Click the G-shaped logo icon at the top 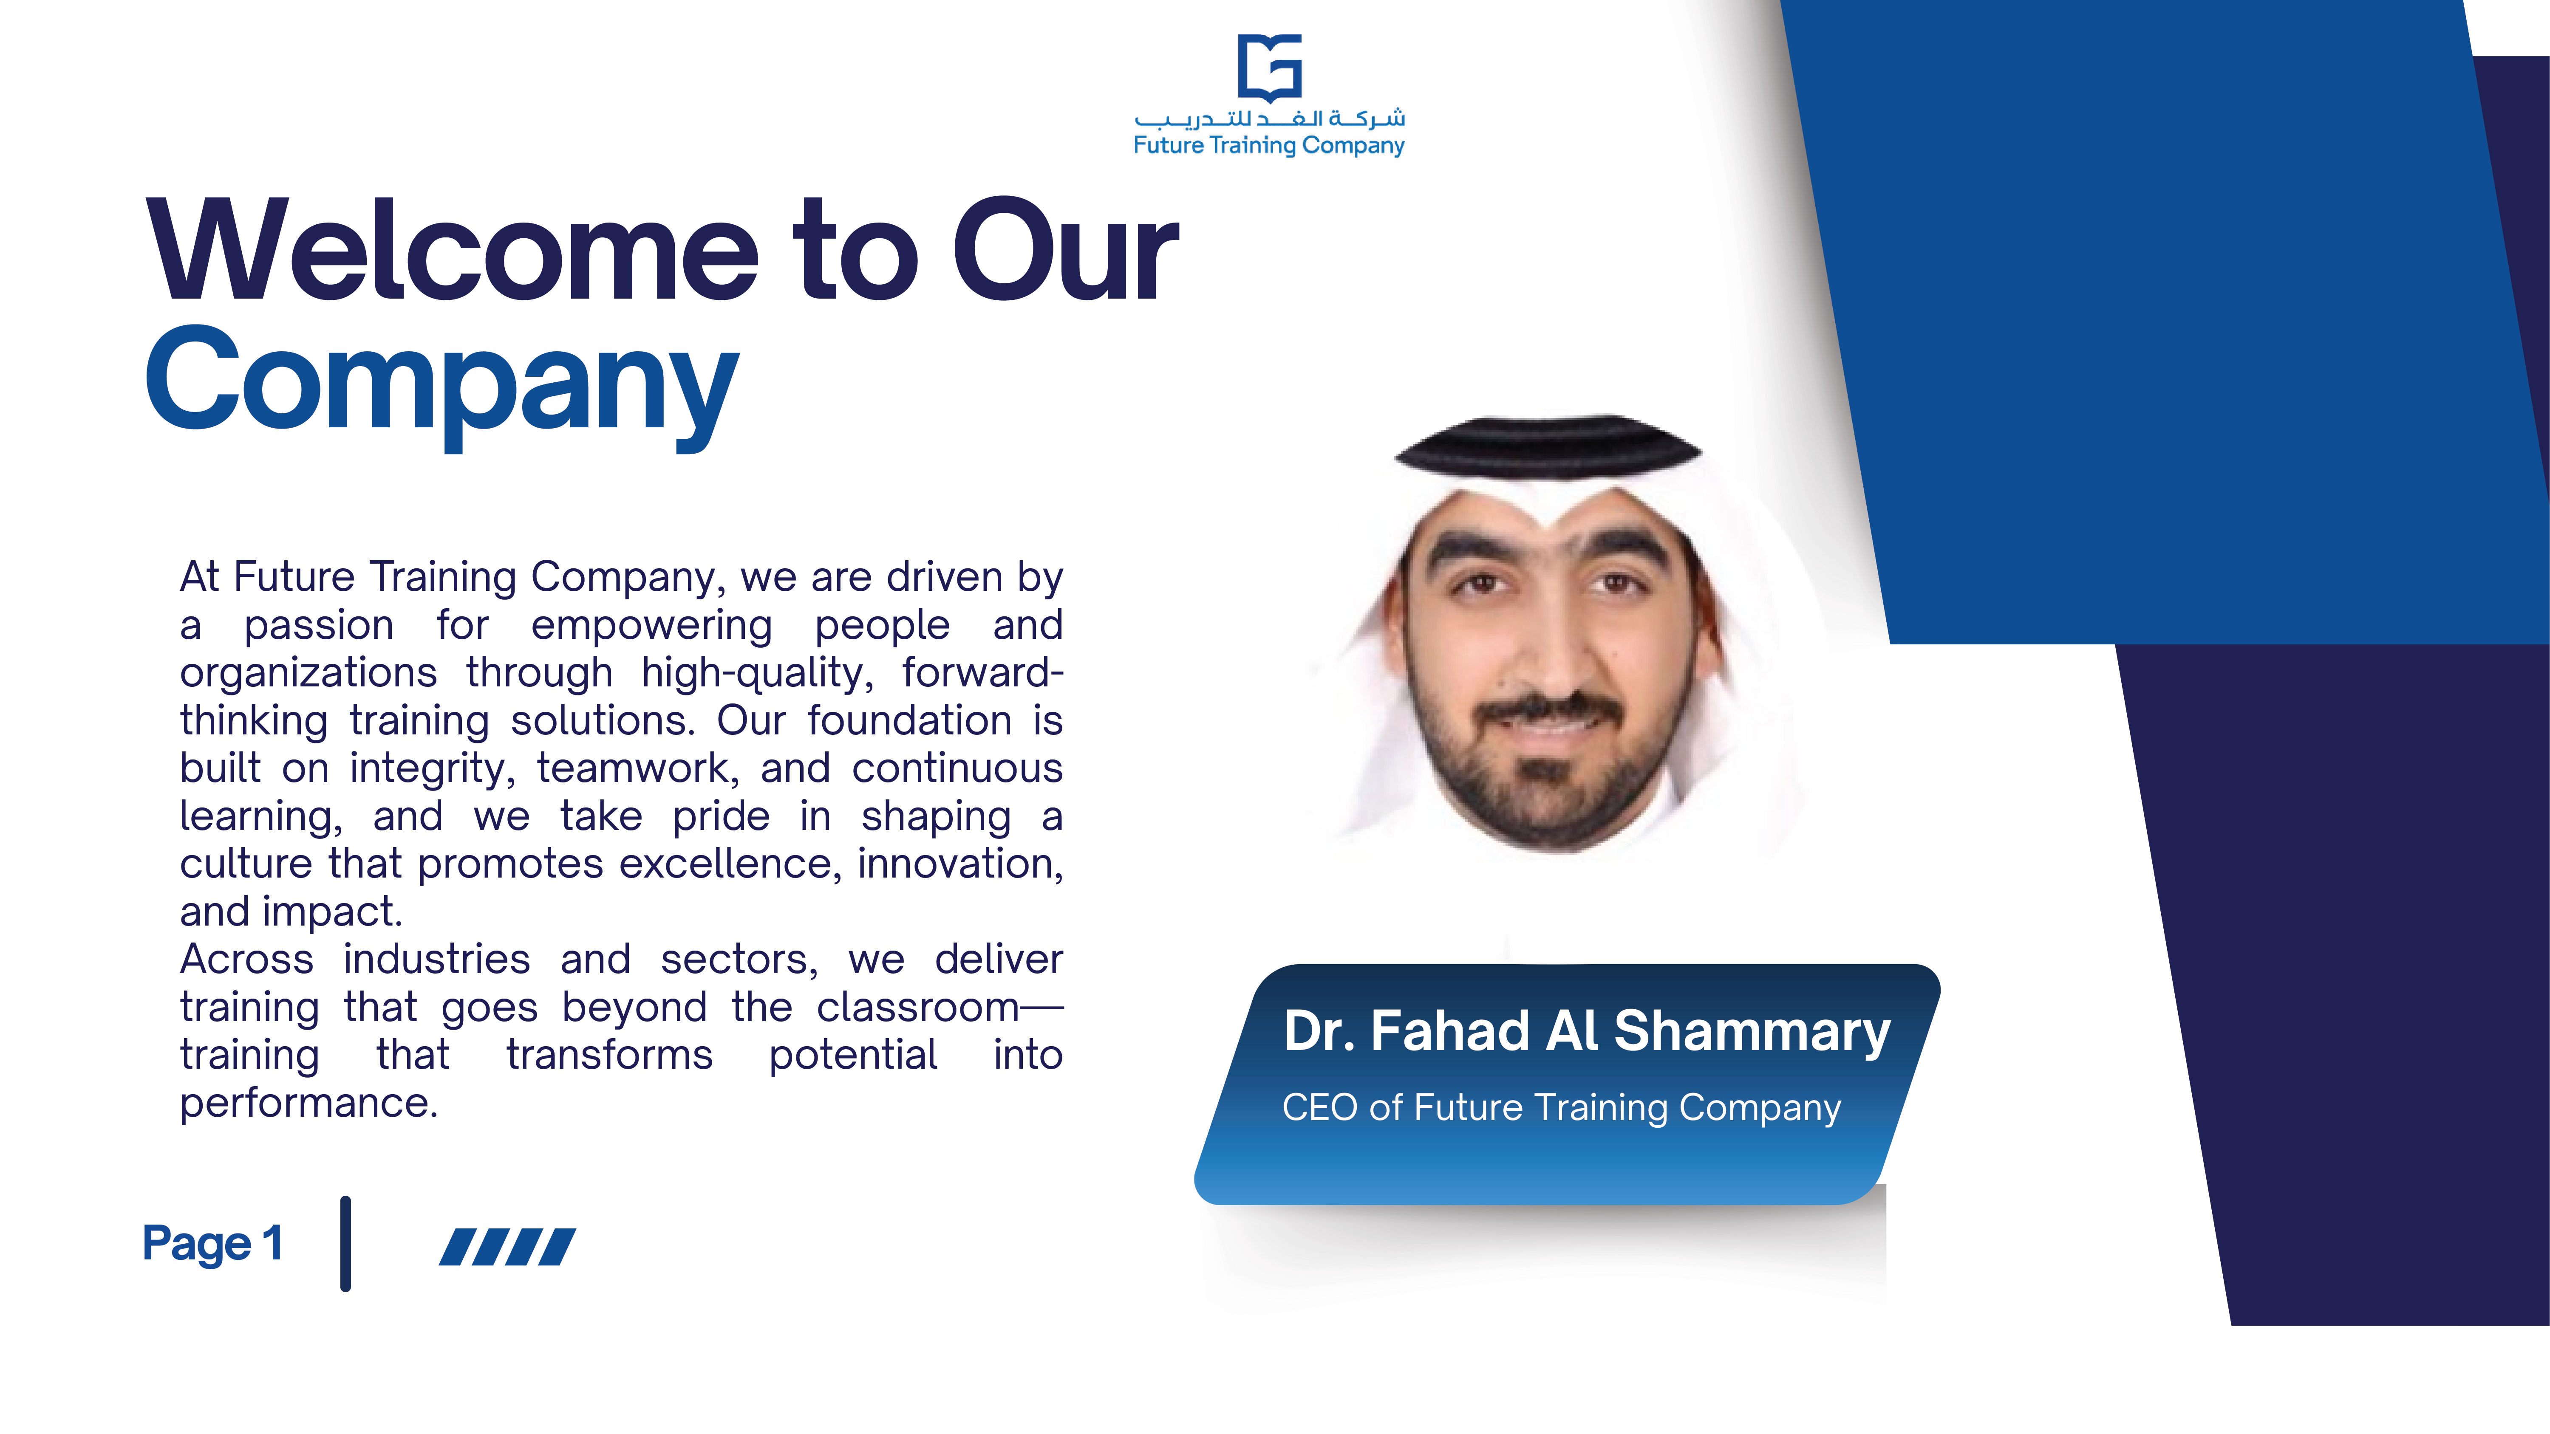[x=1270, y=67]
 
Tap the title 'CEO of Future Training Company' [x=1561, y=1107]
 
